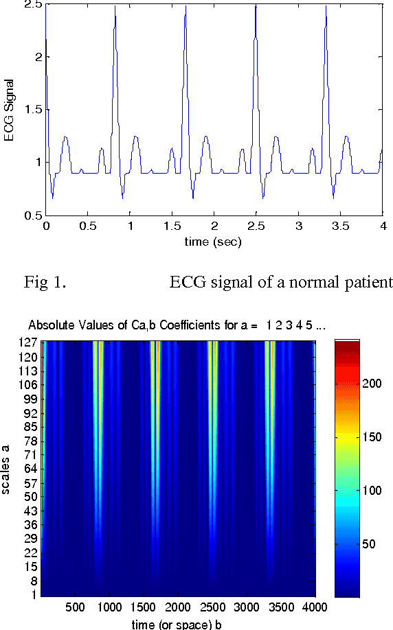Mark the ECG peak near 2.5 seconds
[x=256, y=5]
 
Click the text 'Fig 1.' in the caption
[x=45, y=283]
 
